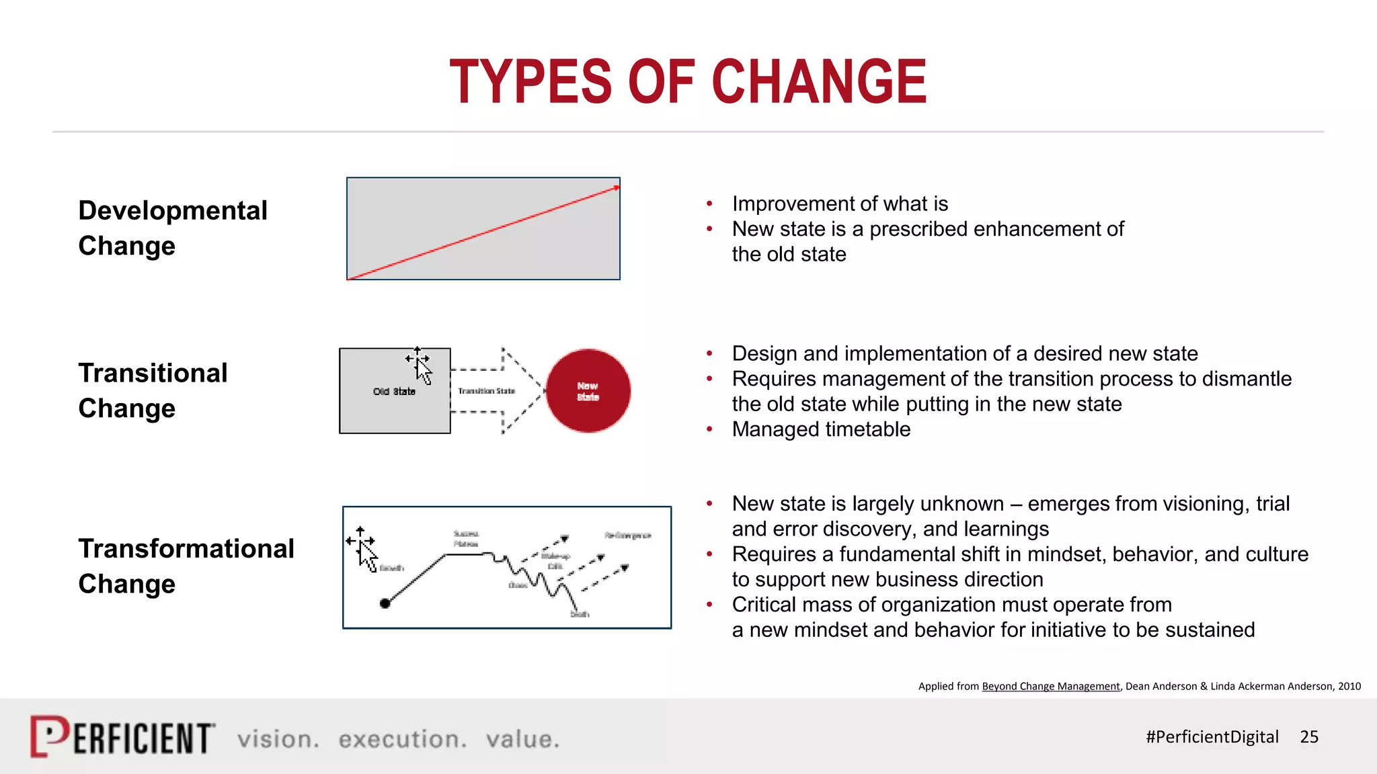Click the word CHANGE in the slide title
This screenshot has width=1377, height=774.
point(818,82)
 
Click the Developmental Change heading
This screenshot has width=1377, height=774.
point(172,228)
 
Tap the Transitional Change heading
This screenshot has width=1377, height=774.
point(153,390)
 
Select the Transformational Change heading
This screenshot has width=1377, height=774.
point(186,566)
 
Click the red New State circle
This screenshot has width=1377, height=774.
point(588,391)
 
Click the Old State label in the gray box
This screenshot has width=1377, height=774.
point(394,392)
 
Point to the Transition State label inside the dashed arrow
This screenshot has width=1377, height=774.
point(486,391)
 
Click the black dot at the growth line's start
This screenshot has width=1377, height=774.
point(385,603)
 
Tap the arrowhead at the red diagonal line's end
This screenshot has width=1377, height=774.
point(617,188)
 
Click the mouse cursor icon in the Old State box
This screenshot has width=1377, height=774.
point(421,367)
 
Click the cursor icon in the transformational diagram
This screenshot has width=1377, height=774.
point(365,551)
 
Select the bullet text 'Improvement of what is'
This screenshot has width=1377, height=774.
point(840,204)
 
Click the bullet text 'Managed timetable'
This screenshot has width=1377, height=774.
point(821,429)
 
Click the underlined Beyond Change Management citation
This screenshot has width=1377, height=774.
point(1050,686)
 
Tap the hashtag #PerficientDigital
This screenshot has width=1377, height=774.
point(1212,737)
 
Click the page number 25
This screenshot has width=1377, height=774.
point(1309,737)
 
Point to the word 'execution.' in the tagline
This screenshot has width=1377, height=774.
point(402,739)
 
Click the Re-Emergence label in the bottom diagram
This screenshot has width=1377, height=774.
point(627,535)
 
